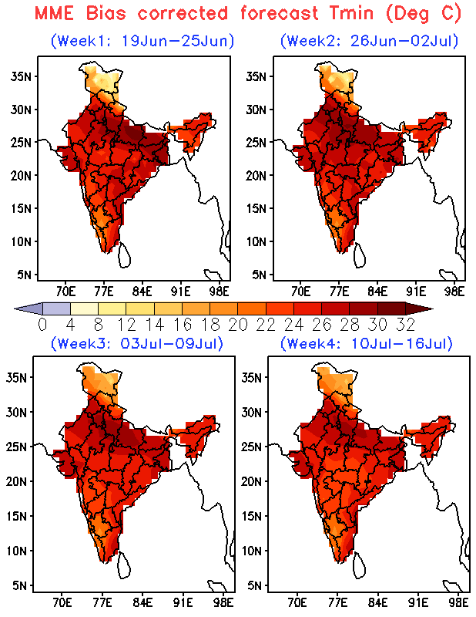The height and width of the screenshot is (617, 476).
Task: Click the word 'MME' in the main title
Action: [x=54, y=13]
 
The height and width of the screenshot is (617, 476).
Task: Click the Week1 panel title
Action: [x=142, y=41]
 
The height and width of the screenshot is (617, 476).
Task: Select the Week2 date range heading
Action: [x=370, y=41]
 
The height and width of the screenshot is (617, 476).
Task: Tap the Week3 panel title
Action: [x=137, y=343]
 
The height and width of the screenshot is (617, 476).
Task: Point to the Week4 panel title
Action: [x=367, y=343]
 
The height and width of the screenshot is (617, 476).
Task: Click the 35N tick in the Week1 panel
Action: [x=21, y=76]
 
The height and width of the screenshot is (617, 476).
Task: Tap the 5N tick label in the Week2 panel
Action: [x=260, y=275]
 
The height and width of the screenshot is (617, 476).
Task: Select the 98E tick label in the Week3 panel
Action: [x=223, y=602]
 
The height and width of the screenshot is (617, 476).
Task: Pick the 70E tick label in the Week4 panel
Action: [x=297, y=602]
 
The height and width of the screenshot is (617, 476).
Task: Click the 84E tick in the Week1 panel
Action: [x=142, y=292]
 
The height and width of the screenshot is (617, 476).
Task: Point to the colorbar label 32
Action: [x=406, y=325]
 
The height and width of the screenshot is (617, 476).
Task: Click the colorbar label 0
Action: [x=42, y=325]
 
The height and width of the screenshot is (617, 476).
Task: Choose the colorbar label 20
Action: [x=238, y=325]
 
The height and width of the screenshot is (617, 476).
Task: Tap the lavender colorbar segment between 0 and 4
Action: [x=56, y=308]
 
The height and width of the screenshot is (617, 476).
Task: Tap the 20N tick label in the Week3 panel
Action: [x=16, y=481]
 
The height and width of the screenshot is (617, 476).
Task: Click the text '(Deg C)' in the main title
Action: [x=423, y=14]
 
